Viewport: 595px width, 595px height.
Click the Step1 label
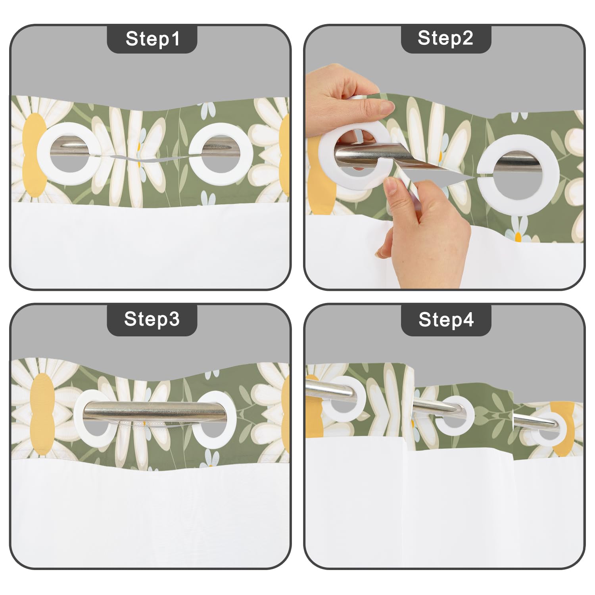point(152,39)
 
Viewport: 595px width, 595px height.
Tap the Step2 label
point(445,38)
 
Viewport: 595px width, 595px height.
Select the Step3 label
point(152,319)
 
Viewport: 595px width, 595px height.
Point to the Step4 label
point(446,319)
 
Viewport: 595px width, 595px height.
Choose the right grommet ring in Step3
point(230,420)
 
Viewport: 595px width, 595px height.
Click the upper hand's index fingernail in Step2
point(386,106)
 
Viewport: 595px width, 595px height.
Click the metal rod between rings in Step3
point(155,411)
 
